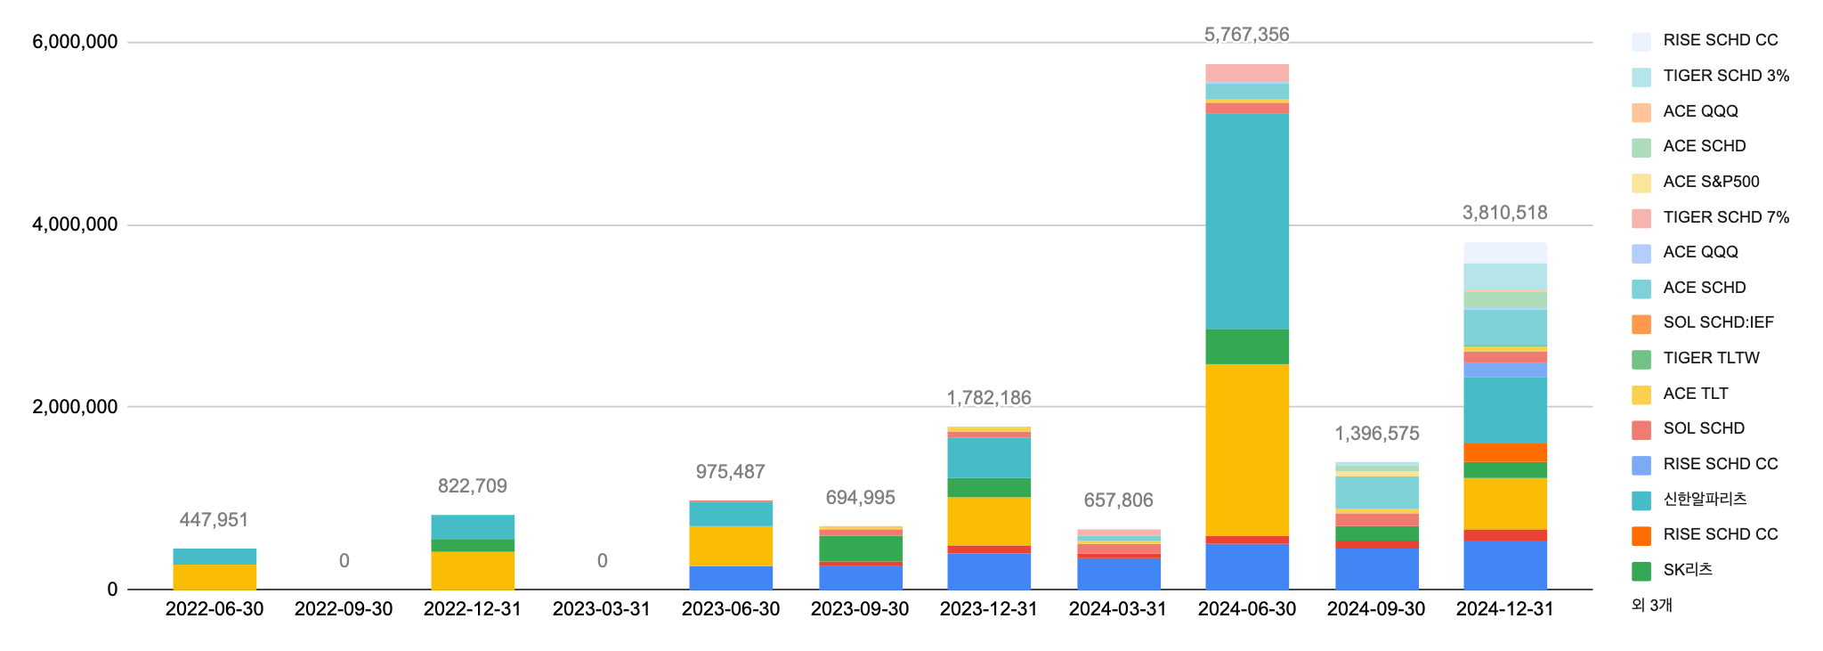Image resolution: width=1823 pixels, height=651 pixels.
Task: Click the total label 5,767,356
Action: pos(1246,35)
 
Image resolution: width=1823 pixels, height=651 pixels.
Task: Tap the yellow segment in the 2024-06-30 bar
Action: pos(1246,450)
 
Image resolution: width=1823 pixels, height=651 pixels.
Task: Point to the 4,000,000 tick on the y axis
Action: pos(75,224)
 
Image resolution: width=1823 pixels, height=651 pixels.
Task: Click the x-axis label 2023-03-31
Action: pos(602,609)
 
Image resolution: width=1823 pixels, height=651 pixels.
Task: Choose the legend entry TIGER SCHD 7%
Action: pos(1725,217)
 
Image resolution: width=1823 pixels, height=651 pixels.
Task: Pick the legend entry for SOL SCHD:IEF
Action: pos(1718,322)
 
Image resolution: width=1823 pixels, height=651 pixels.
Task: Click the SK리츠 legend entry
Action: pos(1688,570)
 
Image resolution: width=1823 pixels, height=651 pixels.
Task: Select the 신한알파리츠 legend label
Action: pos(1705,499)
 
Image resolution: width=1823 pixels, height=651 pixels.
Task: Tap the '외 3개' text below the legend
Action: pos(1652,606)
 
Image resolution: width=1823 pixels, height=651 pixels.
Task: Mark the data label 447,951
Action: pos(214,520)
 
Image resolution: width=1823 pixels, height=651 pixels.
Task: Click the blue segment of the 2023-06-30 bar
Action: pos(731,578)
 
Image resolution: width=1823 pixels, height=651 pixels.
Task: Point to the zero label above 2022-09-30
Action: pos(344,561)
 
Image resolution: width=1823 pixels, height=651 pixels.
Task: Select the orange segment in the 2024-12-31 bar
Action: pos(1505,452)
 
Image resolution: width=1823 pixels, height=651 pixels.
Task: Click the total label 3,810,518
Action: pos(1504,213)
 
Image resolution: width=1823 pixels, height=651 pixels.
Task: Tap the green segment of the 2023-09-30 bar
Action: pos(860,549)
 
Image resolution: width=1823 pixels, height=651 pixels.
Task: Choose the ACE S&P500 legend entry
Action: pos(1711,182)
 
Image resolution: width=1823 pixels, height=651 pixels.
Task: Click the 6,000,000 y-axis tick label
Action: pos(75,42)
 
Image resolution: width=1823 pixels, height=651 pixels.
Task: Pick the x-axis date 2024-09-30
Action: pos(1375,609)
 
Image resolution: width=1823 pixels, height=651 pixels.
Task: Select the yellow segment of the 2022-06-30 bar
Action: pos(215,577)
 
